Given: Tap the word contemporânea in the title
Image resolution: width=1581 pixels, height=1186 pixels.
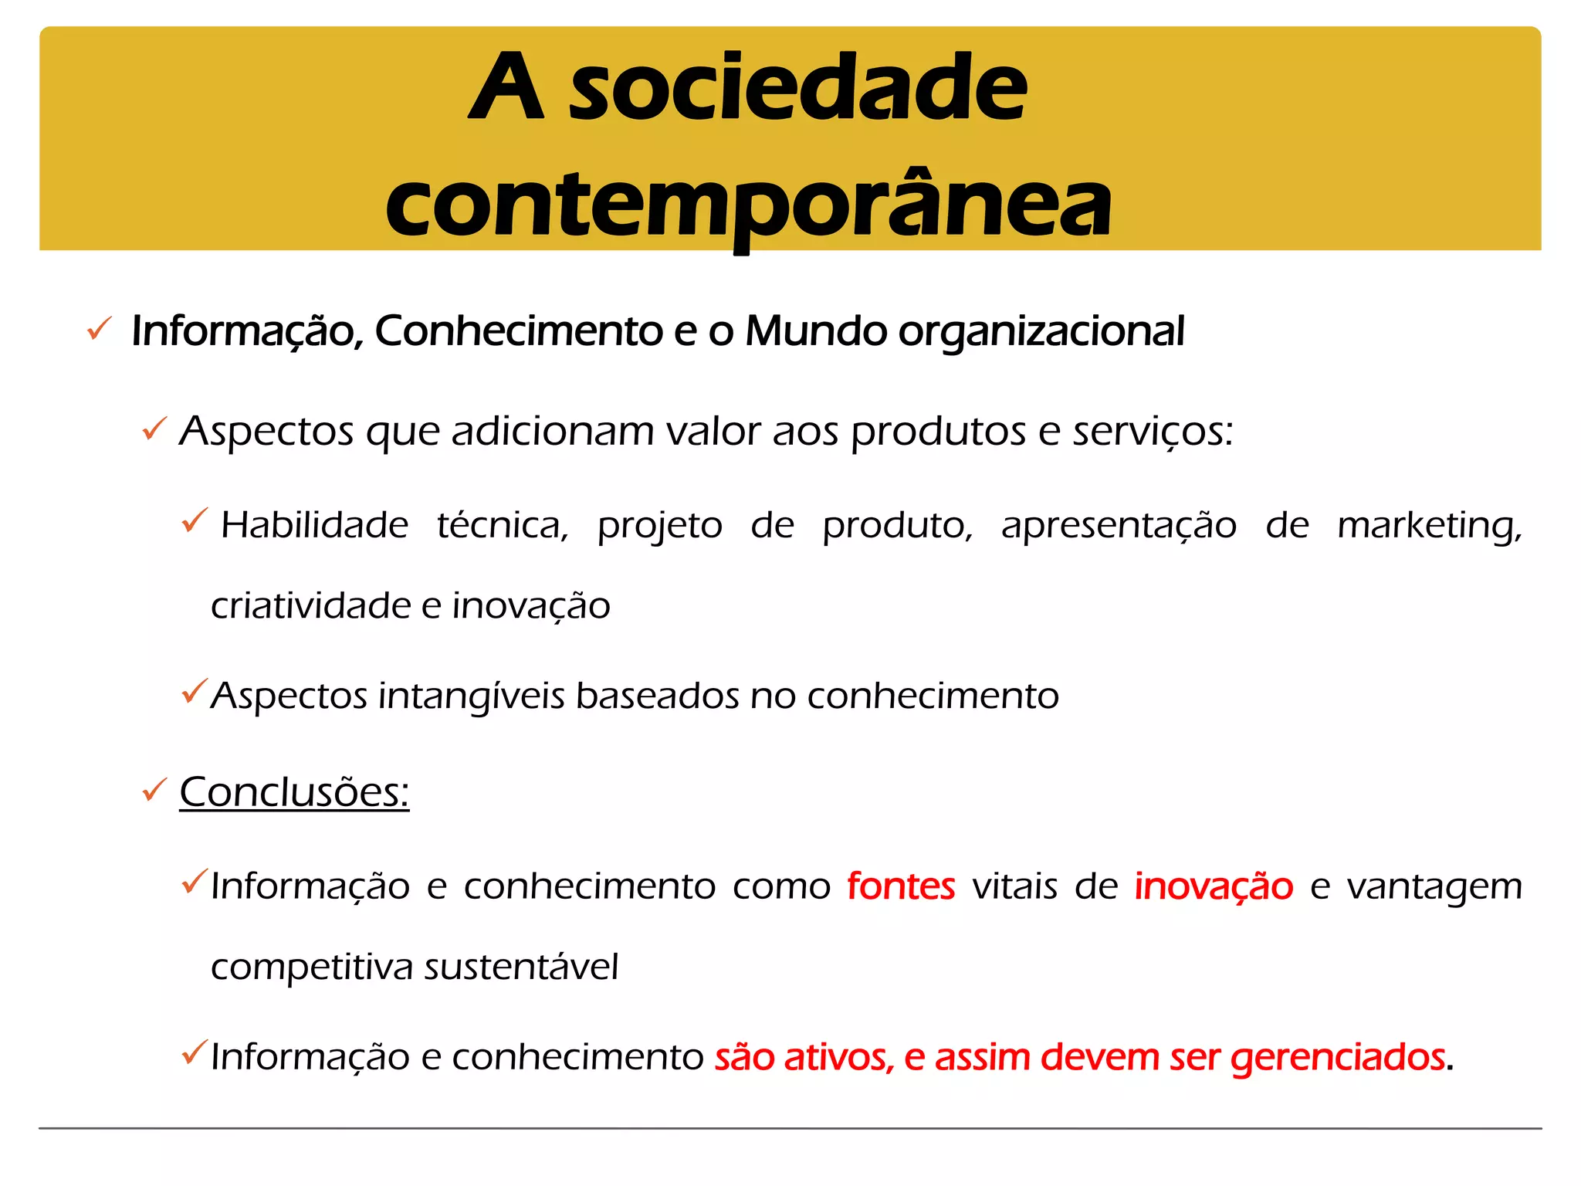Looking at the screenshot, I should tap(748, 205).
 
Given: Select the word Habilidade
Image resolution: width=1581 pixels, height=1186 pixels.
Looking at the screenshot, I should tap(314, 525).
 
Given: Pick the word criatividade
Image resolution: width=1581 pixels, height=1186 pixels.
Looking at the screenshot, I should tap(311, 605).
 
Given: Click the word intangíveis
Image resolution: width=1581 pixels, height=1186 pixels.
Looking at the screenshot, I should tap(471, 696).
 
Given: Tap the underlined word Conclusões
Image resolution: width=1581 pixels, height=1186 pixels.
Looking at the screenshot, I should tap(293, 792).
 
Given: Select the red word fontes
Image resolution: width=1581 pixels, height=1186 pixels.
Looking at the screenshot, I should tap(900, 886).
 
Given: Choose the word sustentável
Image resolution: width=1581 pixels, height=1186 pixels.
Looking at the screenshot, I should tap(521, 967).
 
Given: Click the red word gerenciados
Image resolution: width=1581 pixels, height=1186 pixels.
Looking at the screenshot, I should tap(1337, 1058).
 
